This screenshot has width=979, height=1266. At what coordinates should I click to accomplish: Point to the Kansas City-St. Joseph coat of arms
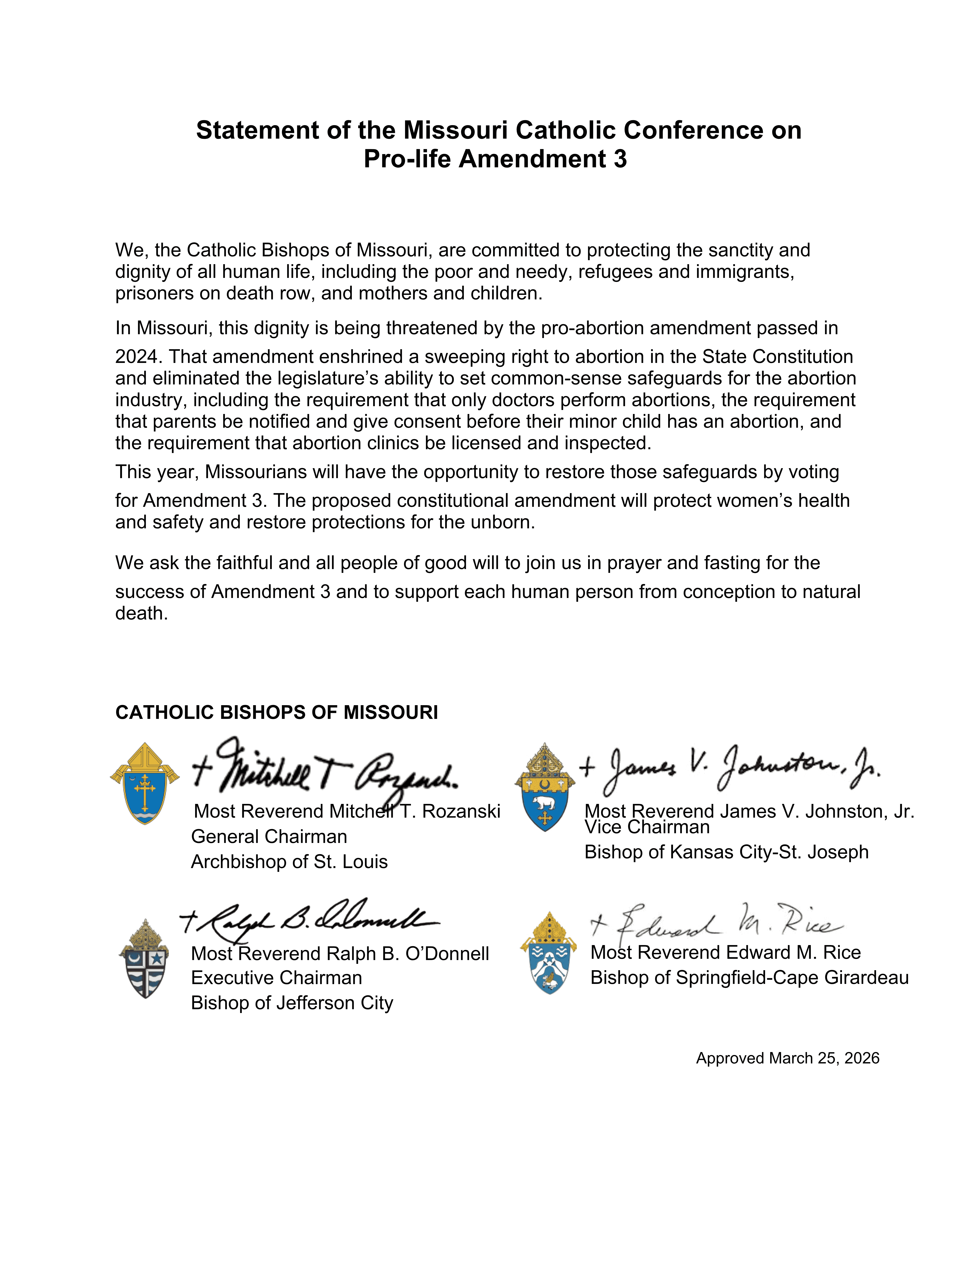pos(545,787)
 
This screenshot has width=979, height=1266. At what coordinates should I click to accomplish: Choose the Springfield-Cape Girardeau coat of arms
pos(549,954)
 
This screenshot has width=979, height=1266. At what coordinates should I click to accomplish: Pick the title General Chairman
pos(269,836)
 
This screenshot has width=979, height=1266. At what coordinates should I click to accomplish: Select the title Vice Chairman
pos(647,827)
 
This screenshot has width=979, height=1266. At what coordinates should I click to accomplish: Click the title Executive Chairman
pos(277,978)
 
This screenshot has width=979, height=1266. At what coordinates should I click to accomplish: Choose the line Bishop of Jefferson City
pos(292,1003)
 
